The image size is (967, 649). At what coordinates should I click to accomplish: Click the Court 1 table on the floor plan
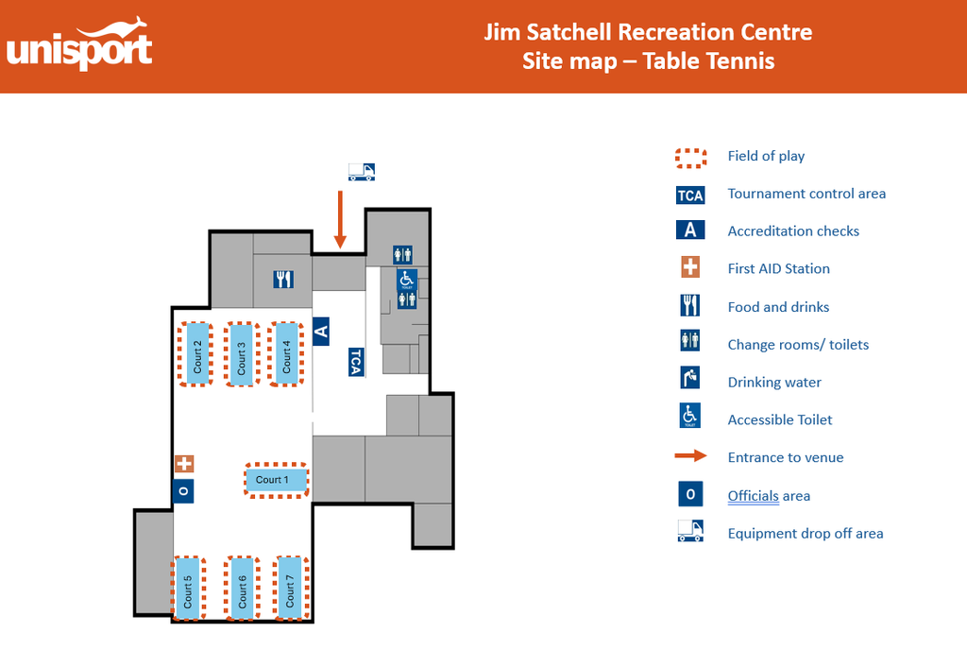point(277,480)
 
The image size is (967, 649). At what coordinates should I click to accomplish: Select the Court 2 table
point(196,354)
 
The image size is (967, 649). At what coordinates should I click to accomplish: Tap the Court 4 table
point(285,354)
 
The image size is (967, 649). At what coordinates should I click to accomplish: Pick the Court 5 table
point(188,588)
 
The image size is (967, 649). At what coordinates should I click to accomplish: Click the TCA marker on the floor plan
point(356,362)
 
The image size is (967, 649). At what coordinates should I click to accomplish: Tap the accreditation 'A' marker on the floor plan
point(321,332)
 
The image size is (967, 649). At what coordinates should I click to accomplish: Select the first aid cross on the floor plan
point(184,463)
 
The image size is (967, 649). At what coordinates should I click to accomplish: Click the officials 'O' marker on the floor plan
point(183,491)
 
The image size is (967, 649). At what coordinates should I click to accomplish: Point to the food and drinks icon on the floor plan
point(283,280)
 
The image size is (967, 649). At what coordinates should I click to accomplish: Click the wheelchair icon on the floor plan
point(406,280)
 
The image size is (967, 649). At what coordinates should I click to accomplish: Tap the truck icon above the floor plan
point(362,172)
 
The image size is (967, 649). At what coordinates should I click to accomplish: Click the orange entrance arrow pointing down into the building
point(340,219)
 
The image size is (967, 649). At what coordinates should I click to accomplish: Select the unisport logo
point(79,44)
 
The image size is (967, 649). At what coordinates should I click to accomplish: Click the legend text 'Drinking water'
point(774,383)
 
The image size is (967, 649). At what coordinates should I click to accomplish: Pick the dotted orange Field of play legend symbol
point(690,159)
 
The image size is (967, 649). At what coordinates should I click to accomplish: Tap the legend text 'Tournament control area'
point(806,194)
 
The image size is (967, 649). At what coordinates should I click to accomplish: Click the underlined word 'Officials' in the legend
point(753,496)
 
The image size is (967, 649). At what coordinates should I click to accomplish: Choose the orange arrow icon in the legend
point(690,456)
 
